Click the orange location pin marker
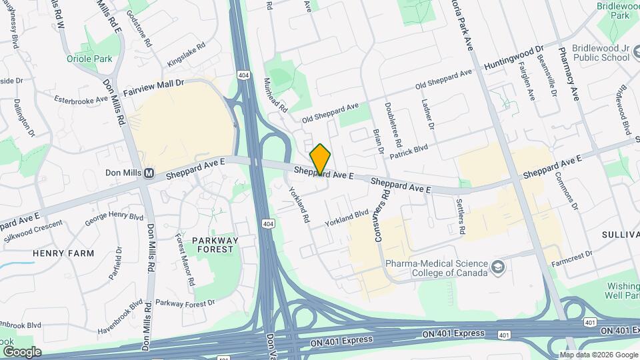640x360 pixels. click(320, 159)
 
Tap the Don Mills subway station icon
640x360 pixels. click(149, 173)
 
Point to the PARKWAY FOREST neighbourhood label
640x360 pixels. click(213, 244)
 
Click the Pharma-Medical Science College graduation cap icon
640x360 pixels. click(497, 267)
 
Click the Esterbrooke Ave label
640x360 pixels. click(81, 98)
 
